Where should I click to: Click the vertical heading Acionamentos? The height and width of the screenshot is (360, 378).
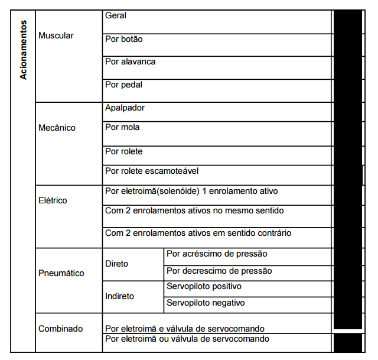pos(23,51)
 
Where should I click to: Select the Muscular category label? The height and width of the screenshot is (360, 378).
pos(56,36)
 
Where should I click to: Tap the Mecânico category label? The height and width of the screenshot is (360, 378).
pos(57,128)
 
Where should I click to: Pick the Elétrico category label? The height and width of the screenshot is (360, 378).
pos(53,200)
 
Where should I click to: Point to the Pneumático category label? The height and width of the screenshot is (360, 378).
pos(61,273)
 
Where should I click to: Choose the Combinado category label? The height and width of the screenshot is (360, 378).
pos(60,329)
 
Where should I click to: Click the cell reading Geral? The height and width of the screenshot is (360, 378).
pos(116,16)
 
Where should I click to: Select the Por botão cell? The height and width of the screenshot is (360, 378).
pos(123,39)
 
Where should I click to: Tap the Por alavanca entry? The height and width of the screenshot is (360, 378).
pos(130,61)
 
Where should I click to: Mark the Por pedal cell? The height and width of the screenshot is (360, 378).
pos(123,85)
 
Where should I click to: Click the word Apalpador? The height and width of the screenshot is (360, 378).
pos(125,108)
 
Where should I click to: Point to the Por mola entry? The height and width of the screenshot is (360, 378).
pos(122,127)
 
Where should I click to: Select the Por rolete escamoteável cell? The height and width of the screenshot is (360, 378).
pos(152,171)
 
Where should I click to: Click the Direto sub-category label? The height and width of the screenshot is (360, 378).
pos(116,264)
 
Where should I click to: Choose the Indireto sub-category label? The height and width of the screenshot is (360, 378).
pos(119,296)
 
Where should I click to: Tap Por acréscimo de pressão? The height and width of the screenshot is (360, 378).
pos(217,254)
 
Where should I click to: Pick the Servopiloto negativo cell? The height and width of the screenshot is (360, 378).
pos(206,303)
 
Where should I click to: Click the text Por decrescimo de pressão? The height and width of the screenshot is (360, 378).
pos(219,271)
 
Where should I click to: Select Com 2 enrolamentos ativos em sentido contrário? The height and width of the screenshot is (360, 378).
pos(198,233)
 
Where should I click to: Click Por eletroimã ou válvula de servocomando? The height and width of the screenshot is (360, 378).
pos(187,339)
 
